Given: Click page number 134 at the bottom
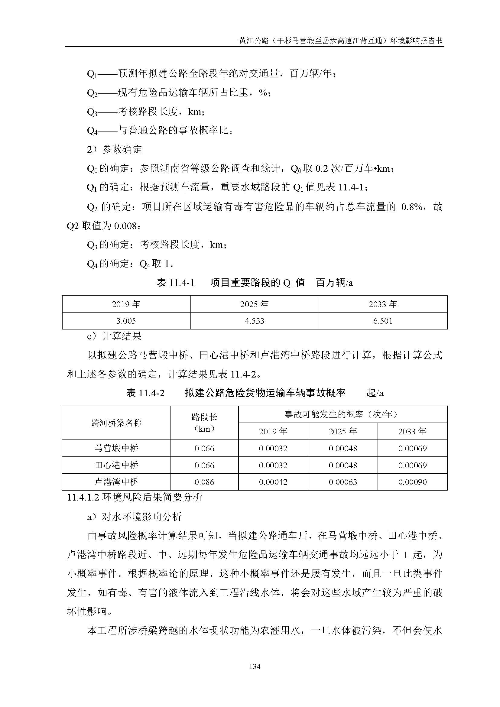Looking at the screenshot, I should coord(255,666).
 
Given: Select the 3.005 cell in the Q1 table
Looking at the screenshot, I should coord(126,321).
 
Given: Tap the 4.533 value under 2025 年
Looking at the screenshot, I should coord(254,321).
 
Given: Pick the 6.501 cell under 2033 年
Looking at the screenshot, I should coord(383,321).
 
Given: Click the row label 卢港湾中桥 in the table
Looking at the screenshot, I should coord(116,482).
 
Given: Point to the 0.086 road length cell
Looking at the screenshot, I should coord(204,482).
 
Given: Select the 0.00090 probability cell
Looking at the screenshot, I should coord(412,482).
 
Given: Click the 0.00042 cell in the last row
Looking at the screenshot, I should coord(273,482).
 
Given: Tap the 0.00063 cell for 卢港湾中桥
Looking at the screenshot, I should coord(343,482).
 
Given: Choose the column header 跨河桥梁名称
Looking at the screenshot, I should coord(116,423).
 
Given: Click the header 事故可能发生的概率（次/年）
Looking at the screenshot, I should coord(343,414).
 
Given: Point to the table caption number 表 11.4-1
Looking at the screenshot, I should coord(176,283).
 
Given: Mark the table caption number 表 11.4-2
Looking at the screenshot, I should coord(145,393).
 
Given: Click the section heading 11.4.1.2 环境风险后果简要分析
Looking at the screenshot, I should coord(135,497).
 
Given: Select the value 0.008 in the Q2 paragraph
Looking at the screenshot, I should coord(125,226).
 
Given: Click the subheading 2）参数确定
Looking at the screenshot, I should coord(115,149).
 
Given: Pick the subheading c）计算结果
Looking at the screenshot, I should coord(115,336).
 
